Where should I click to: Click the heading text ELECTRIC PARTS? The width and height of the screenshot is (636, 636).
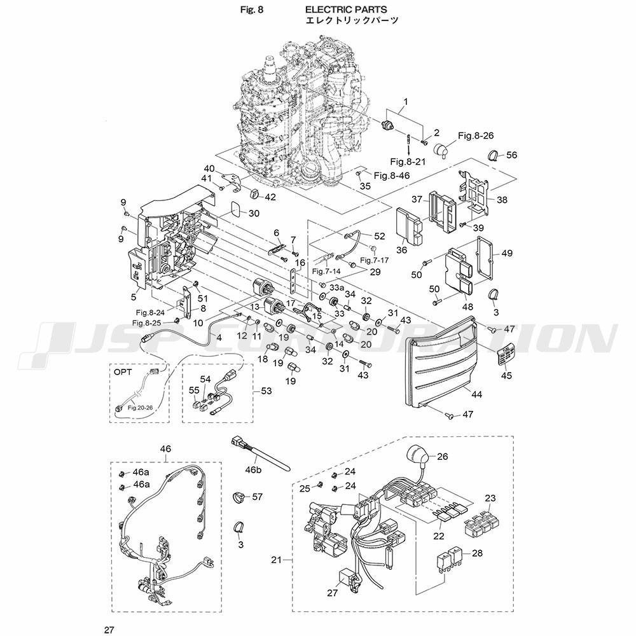(346, 10)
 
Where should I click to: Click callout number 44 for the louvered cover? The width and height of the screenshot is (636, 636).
(476, 395)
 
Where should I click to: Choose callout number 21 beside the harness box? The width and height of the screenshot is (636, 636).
(275, 560)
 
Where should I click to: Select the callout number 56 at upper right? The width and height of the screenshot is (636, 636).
(511, 155)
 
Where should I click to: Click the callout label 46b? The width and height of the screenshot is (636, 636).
(254, 470)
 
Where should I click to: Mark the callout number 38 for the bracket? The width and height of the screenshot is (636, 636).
(502, 200)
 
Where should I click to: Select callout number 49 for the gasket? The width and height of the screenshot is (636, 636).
(507, 253)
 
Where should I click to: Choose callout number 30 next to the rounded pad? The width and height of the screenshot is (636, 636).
(253, 213)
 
